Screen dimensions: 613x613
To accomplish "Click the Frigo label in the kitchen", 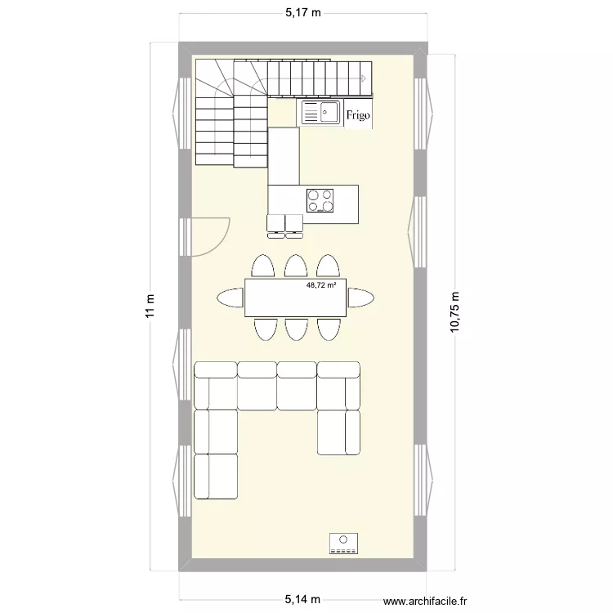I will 357,115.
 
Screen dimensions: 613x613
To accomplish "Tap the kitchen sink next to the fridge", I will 320,113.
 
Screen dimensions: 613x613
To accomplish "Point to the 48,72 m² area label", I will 326,286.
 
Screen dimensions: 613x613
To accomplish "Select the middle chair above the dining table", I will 295,266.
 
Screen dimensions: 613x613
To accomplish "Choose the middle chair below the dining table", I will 295,329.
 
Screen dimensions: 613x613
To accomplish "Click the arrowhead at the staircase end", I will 361,78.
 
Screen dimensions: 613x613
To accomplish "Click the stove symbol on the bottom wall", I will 344,543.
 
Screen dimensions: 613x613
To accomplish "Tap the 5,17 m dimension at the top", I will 302,12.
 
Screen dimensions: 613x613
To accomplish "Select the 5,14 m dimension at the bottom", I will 302,600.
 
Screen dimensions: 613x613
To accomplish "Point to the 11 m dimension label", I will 148,311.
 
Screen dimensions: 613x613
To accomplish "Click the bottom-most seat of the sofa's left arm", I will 215,475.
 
